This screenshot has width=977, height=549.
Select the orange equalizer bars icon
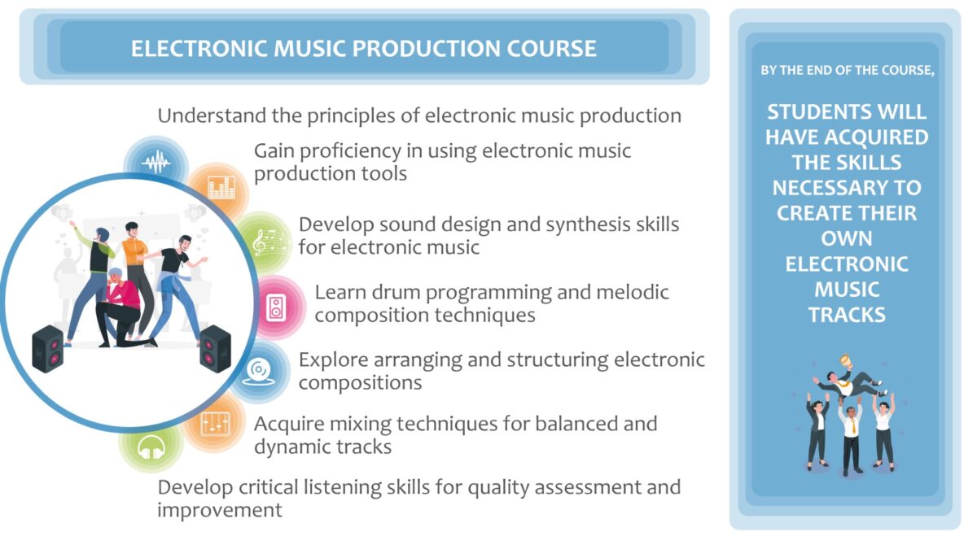point(221,189)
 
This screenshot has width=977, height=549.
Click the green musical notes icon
point(269,242)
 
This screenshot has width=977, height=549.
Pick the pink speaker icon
point(277,307)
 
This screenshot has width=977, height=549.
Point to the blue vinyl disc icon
point(259,371)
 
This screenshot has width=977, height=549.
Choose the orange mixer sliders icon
point(216,422)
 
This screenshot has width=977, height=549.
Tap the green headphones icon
point(151,447)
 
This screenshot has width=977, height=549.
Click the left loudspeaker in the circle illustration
point(47,348)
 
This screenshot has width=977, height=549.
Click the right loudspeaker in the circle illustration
point(215,347)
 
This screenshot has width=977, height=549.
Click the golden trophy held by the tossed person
point(845,360)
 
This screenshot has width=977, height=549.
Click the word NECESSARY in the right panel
point(847,188)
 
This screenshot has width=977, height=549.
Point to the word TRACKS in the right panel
point(847,315)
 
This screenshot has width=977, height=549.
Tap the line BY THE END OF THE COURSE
point(847,71)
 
